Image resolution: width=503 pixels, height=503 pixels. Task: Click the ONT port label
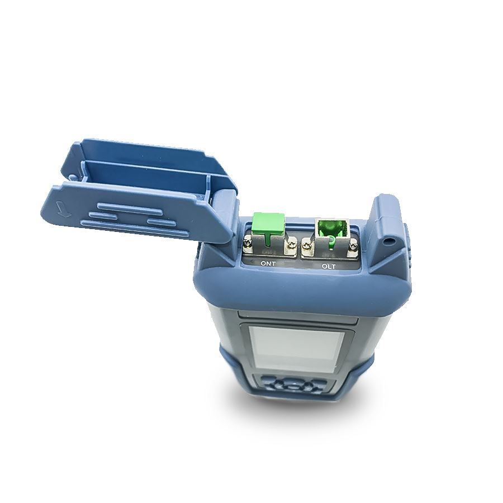(268, 264)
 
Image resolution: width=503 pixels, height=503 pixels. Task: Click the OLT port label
(329, 266)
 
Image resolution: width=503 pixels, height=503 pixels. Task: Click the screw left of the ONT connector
(248, 240)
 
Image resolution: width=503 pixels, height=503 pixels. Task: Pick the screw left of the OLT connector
(306, 246)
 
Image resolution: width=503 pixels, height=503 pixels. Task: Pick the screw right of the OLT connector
(354, 246)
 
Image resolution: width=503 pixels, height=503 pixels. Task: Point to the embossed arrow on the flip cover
(61, 210)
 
